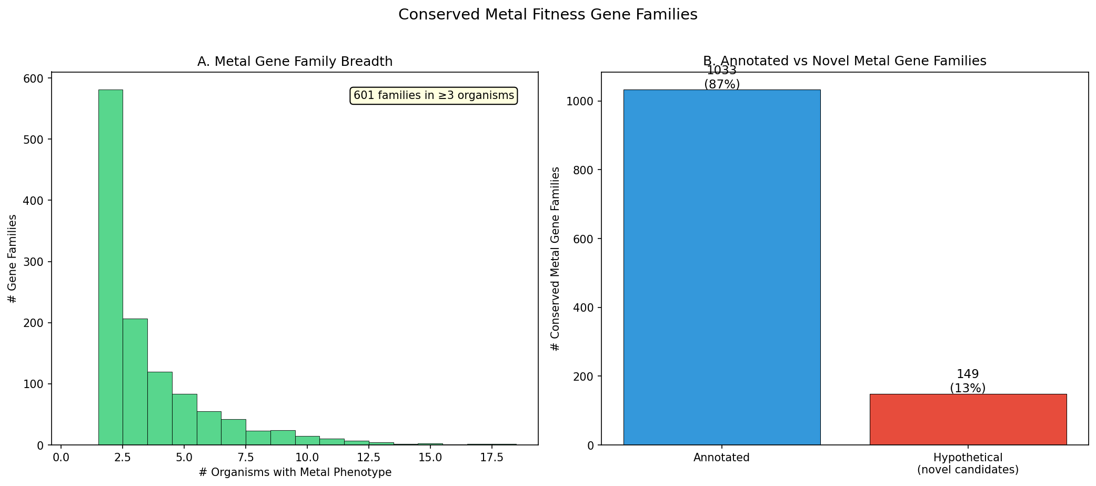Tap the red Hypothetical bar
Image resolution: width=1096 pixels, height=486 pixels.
coord(968,419)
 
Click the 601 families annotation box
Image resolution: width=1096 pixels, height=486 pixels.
coord(434,96)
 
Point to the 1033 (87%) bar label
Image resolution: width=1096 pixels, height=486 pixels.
coord(721,77)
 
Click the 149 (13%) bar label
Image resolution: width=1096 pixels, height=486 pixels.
coord(968,381)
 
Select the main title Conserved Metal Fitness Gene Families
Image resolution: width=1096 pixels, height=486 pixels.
coord(548,15)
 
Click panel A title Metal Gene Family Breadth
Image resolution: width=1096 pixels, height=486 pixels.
coord(295,62)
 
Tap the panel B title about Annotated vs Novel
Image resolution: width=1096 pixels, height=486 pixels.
coord(844,61)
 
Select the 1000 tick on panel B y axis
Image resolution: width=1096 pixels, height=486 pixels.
coord(581,102)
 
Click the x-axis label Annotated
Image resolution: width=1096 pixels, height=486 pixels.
coord(721,458)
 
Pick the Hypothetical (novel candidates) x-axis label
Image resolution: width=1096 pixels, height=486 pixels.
coord(968,463)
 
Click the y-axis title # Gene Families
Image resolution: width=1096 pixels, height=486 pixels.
coord(13,259)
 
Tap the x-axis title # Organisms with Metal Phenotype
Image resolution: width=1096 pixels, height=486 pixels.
coord(295,472)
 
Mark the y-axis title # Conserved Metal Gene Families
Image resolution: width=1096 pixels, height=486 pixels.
coord(555,259)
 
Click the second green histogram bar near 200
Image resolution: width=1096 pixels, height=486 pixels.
coord(135,382)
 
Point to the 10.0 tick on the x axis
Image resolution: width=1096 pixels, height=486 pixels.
coord(307,457)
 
